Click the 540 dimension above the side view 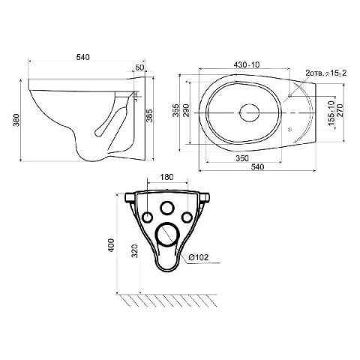[82, 57]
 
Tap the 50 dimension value [139, 67]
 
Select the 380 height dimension [16, 120]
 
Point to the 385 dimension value [149, 115]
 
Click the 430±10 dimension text [247, 64]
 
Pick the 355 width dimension [176, 110]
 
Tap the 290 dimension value [186, 110]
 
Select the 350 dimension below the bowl [242, 158]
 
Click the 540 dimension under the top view [257, 166]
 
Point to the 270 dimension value [340, 110]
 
